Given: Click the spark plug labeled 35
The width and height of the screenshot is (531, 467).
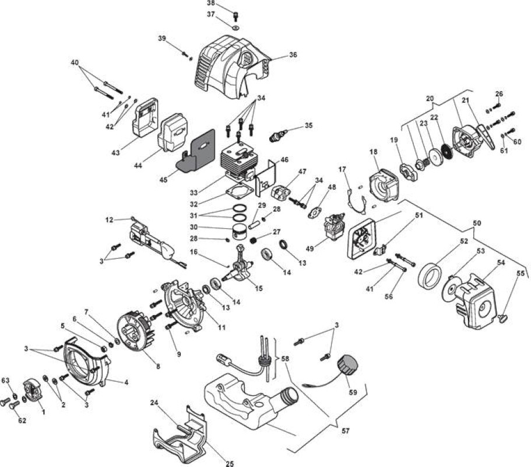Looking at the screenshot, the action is [x=277, y=135].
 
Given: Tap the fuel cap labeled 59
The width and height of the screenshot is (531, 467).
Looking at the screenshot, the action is [x=348, y=365].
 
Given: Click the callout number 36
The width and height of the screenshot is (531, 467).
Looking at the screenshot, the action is [x=293, y=55].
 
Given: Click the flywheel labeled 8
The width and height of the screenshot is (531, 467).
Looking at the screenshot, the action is [x=136, y=330].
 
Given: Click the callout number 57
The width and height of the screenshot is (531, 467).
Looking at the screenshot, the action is [x=346, y=431].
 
